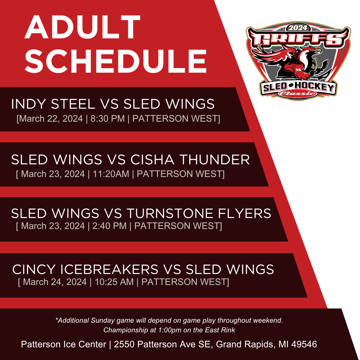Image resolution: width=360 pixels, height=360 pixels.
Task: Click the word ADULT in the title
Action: pos(82,27)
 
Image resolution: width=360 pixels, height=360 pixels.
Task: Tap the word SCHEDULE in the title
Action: pos(116,61)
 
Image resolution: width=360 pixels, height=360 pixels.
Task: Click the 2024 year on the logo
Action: pos(298,28)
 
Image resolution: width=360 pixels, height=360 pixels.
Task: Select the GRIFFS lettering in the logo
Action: pos(298,39)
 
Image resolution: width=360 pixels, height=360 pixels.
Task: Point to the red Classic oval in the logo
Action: pos(298,93)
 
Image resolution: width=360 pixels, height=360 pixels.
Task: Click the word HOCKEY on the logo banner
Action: pos(314,87)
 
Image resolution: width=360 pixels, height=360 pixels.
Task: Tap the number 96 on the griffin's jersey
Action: pos(298,70)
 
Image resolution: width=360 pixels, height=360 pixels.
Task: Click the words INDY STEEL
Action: pos(53,104)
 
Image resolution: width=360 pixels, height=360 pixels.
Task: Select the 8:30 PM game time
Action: pos(107,119)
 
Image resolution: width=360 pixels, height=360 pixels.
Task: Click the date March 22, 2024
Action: pos(51,119)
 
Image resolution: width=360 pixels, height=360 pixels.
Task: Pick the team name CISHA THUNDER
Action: pos(190,160)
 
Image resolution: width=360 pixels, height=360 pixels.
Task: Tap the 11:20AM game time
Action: pos(111,174)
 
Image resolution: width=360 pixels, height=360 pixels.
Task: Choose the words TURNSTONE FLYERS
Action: pos(199,213)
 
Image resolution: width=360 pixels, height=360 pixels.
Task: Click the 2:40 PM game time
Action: pos(109,226)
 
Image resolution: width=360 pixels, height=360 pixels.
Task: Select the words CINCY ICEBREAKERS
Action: pos(85,269)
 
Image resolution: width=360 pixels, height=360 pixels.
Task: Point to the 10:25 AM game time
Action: pos(114,282)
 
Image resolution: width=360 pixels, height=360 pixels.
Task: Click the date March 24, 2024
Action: pos(55,282)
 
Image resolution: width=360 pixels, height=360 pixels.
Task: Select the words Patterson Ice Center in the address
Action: pos(64,344)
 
